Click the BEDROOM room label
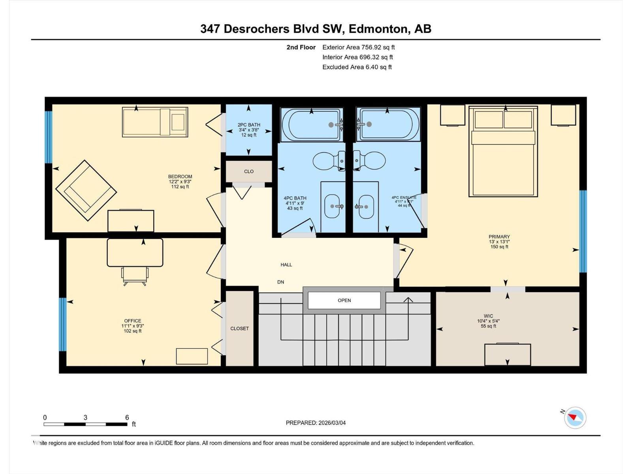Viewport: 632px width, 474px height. (x=180, y=177)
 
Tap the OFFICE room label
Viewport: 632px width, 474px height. (x=132, y=321)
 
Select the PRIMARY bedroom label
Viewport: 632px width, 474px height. (x=499, y=237)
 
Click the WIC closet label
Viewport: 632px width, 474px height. (x=488, y=316)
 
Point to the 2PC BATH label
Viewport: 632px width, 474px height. (x=249, y=125)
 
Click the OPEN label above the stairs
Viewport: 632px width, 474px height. (x=344, y=301)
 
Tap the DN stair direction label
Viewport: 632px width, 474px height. (x=280, y=282)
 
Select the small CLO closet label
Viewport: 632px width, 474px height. (x=249, y=171)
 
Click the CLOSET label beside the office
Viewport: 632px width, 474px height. (x=239, y=329)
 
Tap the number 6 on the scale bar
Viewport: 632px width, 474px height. (x=127, y=418)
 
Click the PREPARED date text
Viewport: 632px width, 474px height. (x=316, y=423)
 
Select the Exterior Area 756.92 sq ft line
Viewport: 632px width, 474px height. (x=358, y=47)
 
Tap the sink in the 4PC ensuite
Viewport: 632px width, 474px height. (x=366, y=207)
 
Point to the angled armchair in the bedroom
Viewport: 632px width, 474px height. (x=86, y=190)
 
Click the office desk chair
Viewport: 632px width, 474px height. (x=135, y=276)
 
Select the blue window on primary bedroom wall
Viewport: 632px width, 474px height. (x=583, y=231)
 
